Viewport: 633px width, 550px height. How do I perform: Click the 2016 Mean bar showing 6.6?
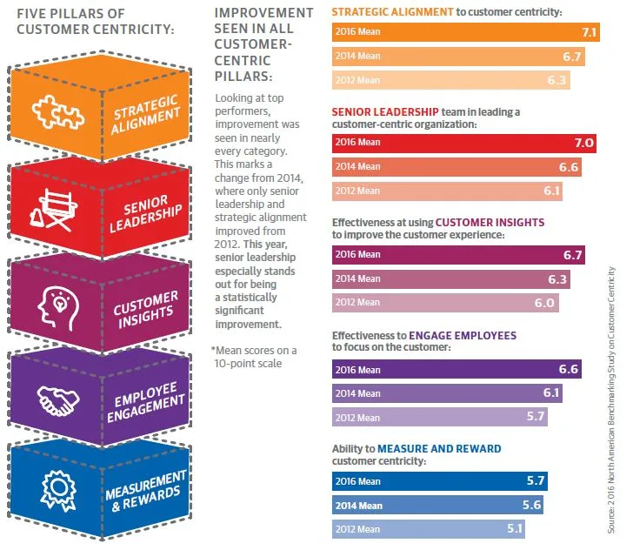[456, 369]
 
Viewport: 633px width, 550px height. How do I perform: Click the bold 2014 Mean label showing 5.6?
[357, 505]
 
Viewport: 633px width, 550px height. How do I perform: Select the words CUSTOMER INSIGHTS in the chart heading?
[490, 223]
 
